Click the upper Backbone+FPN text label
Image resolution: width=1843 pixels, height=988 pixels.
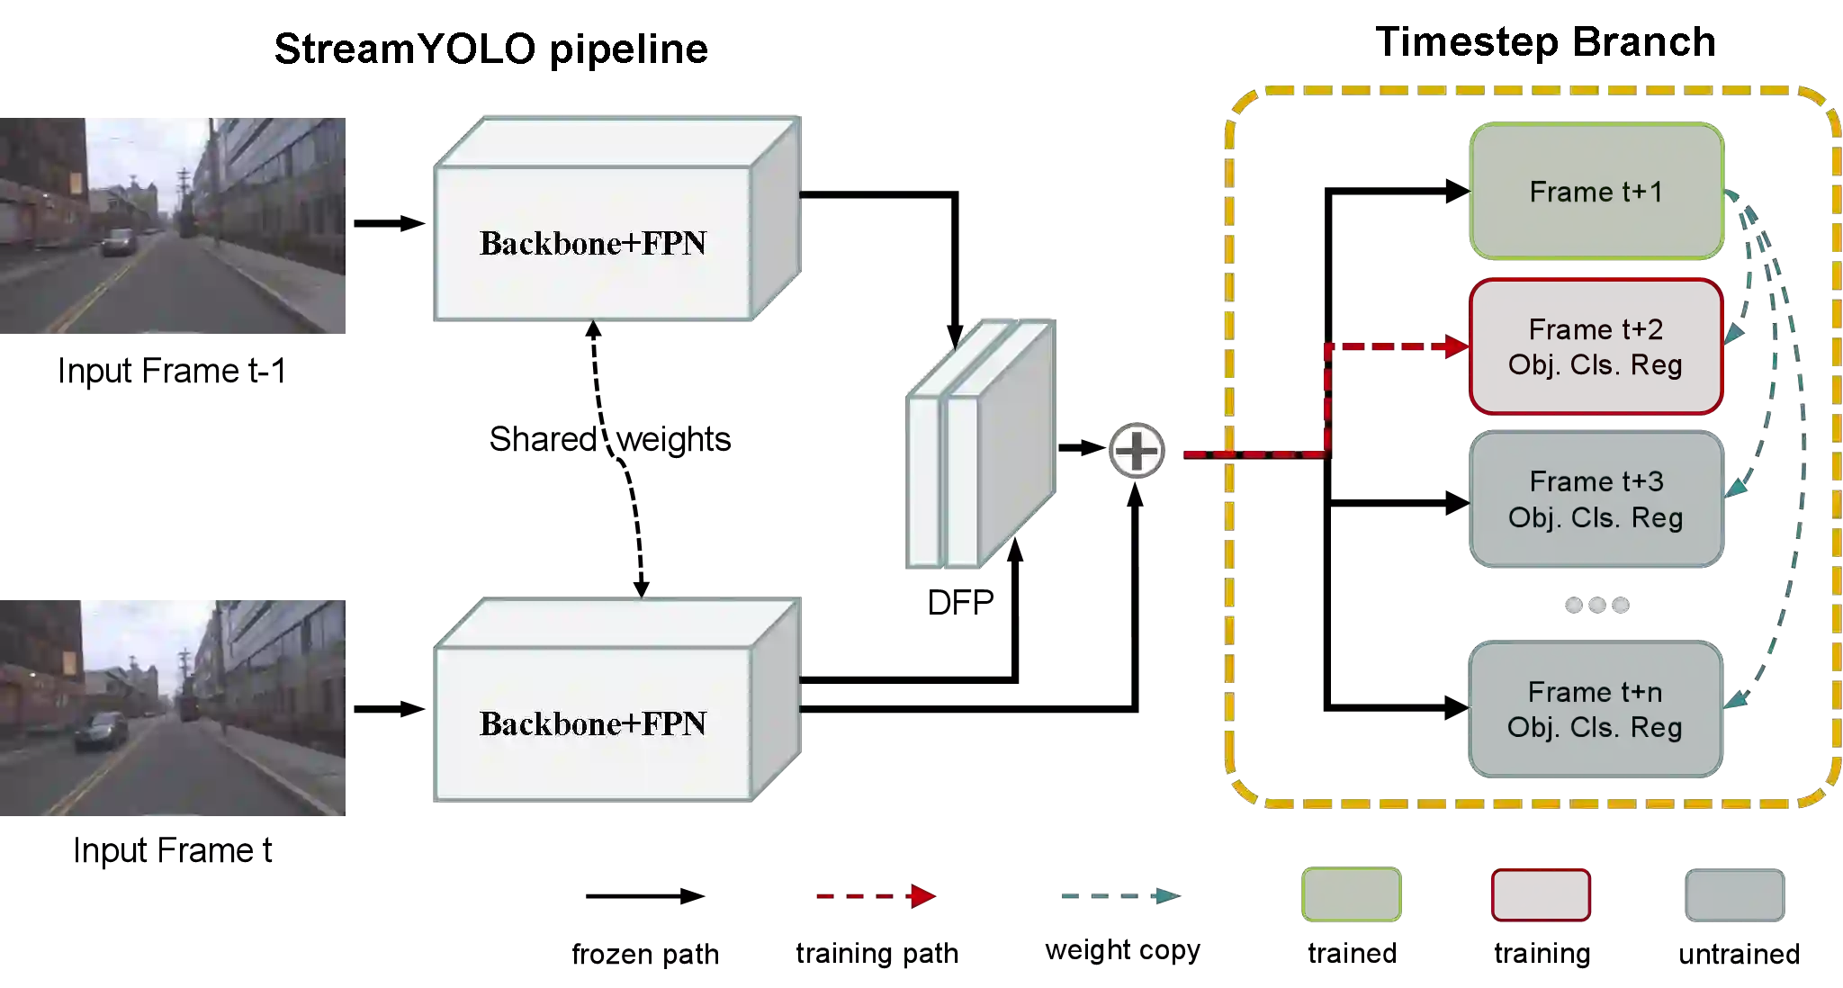click(x=592, y=243)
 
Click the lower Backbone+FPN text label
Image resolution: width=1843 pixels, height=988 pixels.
click(x=592, y=723)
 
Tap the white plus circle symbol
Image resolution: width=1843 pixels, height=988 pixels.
click(x=1136, y=450)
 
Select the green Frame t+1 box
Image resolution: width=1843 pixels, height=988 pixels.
click(x=1596, y=191)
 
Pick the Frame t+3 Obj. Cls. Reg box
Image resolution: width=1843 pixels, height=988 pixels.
click(x=1596, y=498)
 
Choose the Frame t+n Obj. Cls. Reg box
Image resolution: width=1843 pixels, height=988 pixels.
click(x=1596, y=709)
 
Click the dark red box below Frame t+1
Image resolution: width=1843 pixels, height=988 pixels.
click(x=1596, y=346)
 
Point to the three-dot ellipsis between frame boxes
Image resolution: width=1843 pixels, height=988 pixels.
click(x=1597, y=606)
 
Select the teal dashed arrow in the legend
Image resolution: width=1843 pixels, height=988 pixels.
click(x=1118, y=896)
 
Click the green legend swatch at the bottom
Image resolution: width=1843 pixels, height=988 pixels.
click(x=1351, y=894)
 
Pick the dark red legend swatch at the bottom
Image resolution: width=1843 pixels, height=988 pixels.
click(x=1540, y=894)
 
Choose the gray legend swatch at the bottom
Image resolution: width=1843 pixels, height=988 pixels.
click(x=1734, y=894)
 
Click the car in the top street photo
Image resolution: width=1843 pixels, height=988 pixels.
click(x=119, y=241)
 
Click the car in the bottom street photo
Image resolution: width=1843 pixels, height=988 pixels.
click(x=101, y=730)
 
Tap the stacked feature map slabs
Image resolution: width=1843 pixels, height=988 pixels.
click(x=978, y=444)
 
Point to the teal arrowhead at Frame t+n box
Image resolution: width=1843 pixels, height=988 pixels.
click(x=1736, y=698)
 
